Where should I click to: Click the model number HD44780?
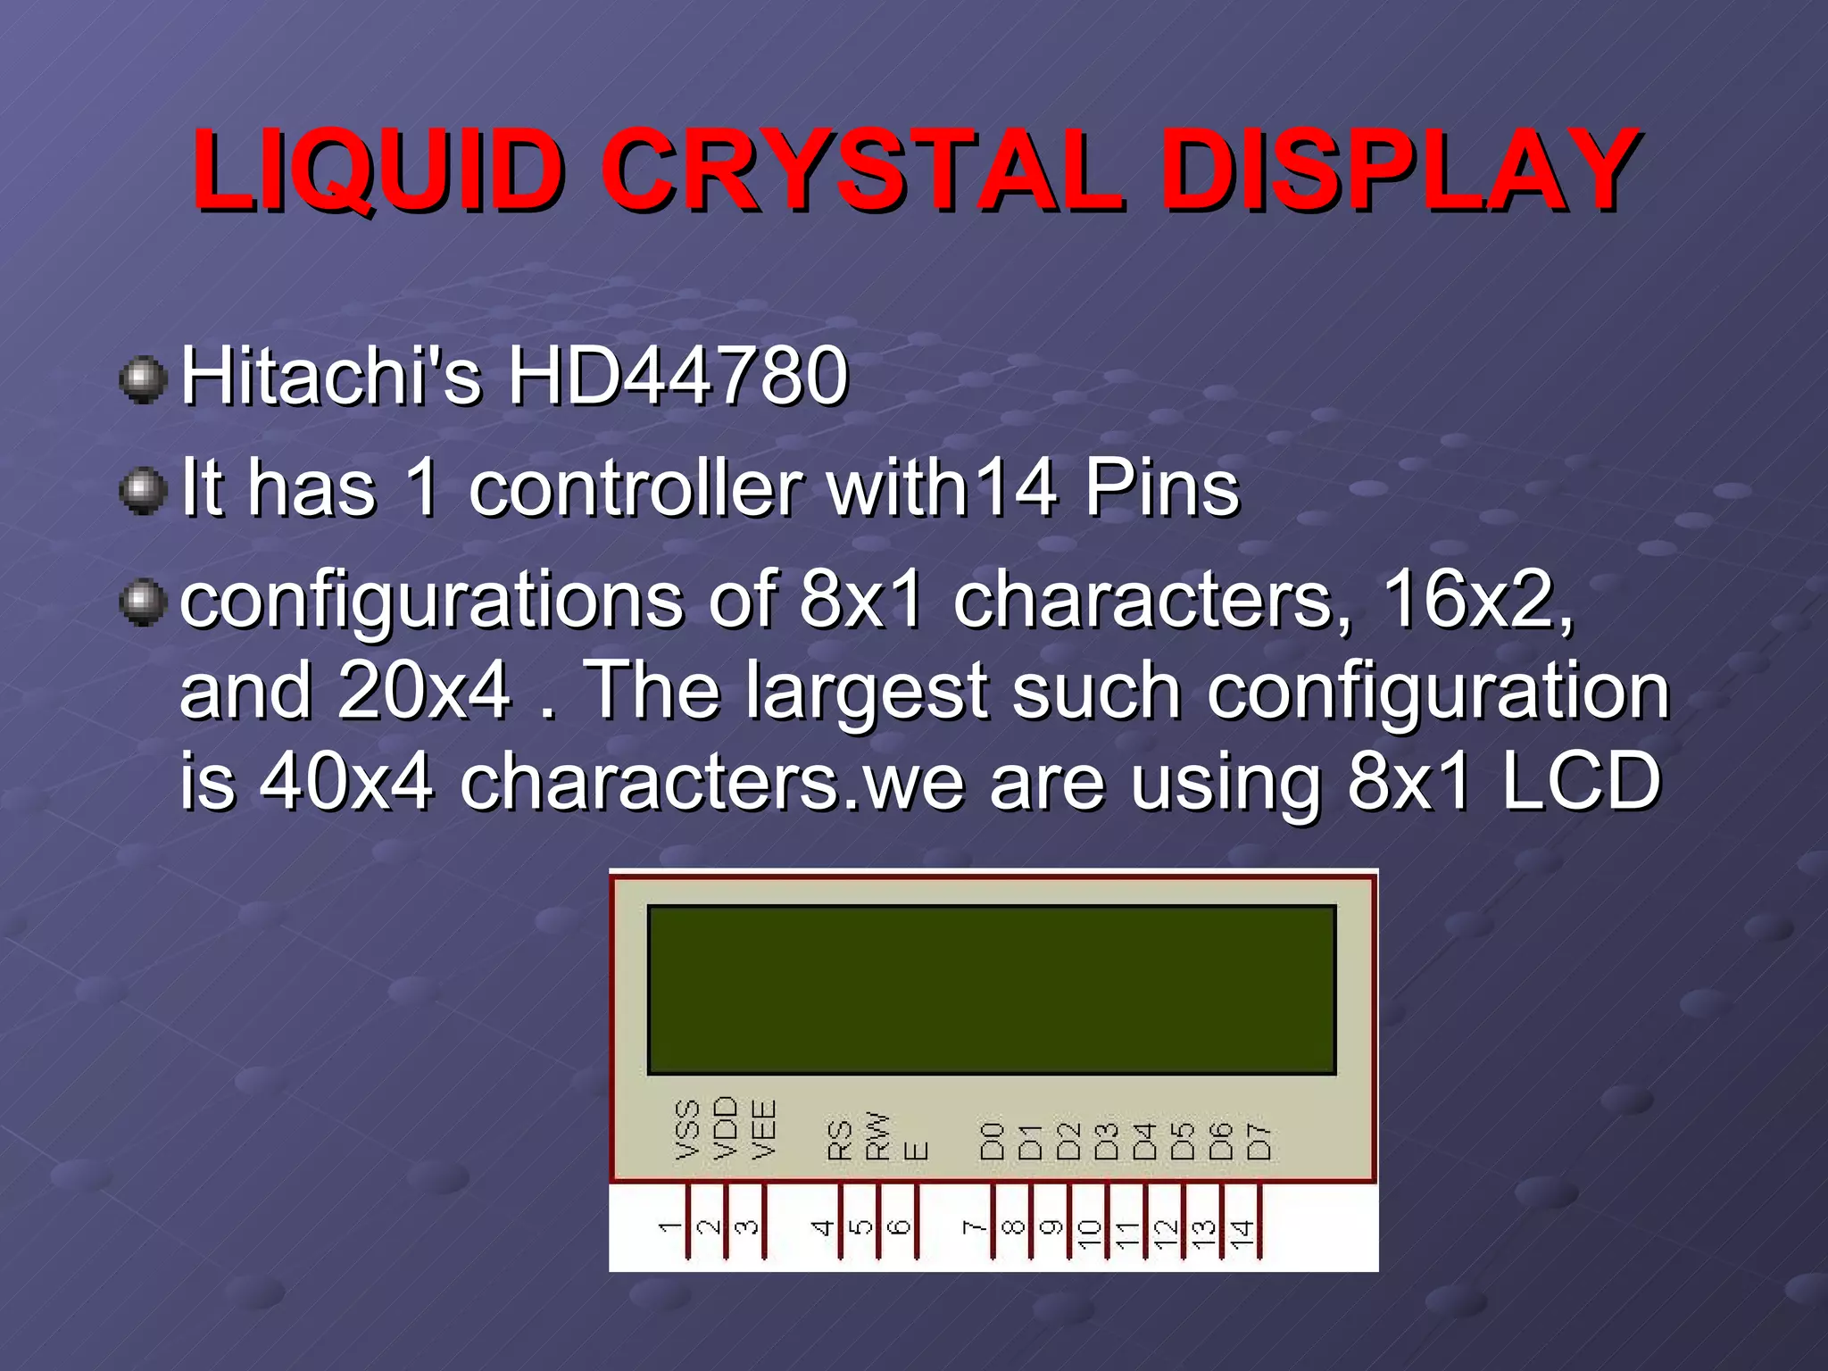tap(677, 376)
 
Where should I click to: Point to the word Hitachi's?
tap(331, 376)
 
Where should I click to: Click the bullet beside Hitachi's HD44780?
tap(143, 380)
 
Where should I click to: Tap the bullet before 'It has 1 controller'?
tap(143, 492)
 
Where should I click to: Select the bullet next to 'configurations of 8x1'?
tap(143, 602)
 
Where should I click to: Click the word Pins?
tap(1161, 488)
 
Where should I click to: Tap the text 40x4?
tap(346, 782)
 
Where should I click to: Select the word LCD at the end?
tap(1580, 782)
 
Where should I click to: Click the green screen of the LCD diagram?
tap(992, 989)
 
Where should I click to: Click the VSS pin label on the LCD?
tap(687, 1130)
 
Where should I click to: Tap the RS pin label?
tap(840, 1140)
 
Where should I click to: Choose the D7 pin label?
tap(1259, 1142)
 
